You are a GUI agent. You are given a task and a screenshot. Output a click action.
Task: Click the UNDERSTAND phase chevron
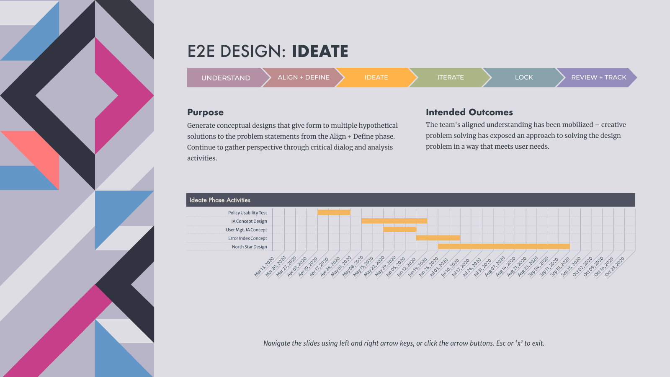pyautogui.click(x=226, y=77)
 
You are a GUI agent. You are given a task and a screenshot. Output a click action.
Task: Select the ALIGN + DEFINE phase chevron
pyautogui.click(x=303, y=77)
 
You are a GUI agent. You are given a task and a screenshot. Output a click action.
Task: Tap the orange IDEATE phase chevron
pyautogui.click(x=376, y=77)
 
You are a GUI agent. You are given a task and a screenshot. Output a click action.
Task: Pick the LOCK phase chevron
pyautogui.click(x=524, y=77)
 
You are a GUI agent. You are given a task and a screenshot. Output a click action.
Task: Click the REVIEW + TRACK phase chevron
pyautogui.click(x=597, y=77)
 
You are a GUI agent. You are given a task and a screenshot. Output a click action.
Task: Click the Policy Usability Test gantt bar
pyautogui.click(x=334, y=212)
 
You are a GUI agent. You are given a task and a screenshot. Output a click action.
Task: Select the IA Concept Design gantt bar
pyautogui.click(x=394, y=221)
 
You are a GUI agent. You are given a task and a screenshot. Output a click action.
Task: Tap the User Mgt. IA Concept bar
pyautogui.click(x=399, y=230)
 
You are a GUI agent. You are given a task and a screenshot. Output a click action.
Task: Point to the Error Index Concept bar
pyautogui.click(x=438, y=238)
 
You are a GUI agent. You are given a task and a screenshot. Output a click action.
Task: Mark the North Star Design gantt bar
pyautogui.click(x=504, y=247)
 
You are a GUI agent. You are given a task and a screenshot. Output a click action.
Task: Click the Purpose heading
pyautogui.click(x=206, y=112)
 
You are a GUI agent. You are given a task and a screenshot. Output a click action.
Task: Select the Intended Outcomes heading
pyautogui.click(x=469, y=112)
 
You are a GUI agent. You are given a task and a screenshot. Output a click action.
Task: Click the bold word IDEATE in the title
pyautogui.click(x=320, y=51)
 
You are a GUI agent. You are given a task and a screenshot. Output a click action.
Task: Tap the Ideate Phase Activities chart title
pyautogui.click(x=220, y=200)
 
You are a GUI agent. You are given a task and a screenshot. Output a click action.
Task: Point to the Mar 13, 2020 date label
pyautogui.click(x=264, y=266)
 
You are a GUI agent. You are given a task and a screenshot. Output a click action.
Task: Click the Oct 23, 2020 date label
pyautogui.click(x=615, y=266)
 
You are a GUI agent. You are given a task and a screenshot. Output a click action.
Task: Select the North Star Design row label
pyautogui.click(x=250, y=247)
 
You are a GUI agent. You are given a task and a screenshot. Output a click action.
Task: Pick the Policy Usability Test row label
pyautogui.click(x=247, y=213)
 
